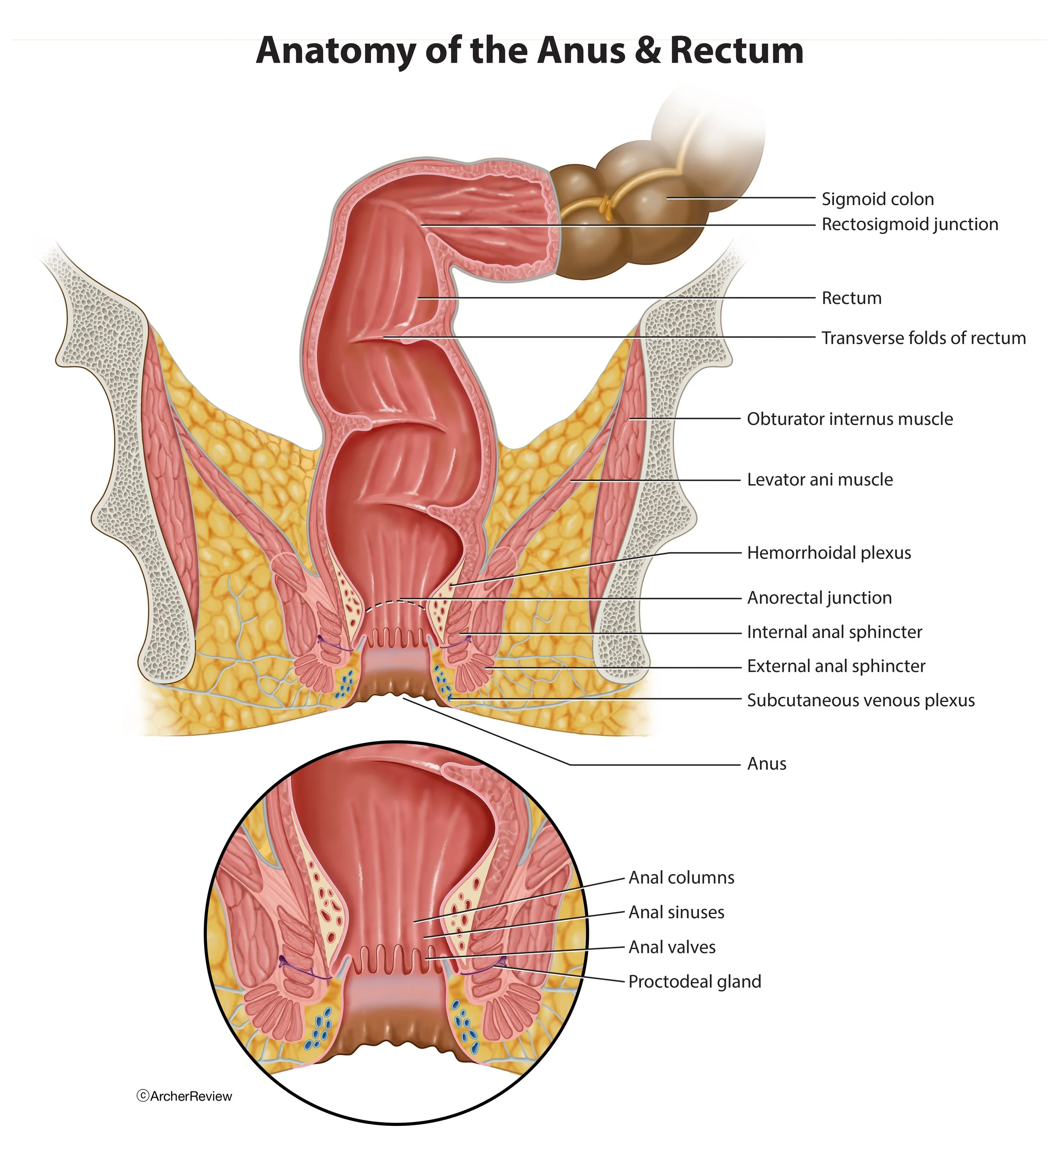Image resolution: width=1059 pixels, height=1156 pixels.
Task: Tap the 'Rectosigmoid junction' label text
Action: tap(909, 224)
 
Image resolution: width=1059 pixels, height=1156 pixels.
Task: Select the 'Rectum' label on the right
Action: tap(851, 298)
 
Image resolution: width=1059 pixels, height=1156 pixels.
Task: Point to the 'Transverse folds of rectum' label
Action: tap(923, 338)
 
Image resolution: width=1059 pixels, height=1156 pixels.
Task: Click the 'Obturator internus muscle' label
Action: tap(849, 419)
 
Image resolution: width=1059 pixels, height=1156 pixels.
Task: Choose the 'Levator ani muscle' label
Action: tap(820, 480)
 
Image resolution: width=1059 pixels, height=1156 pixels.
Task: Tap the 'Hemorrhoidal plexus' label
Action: tap(829, 553)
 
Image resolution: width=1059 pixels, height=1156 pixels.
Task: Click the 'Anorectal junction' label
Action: tap(819, 598)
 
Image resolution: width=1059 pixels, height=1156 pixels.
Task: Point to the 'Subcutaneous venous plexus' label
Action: tap(861, 701)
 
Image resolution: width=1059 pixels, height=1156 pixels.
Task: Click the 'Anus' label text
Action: tap(767, 764)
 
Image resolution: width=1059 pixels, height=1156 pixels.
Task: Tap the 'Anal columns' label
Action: tap(681, 878)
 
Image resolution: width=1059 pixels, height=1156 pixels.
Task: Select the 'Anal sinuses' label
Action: tap(676, 912)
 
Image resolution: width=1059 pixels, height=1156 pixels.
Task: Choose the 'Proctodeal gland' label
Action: tap(695, 982)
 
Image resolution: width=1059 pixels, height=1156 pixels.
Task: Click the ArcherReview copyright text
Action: tap(185, 1096)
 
